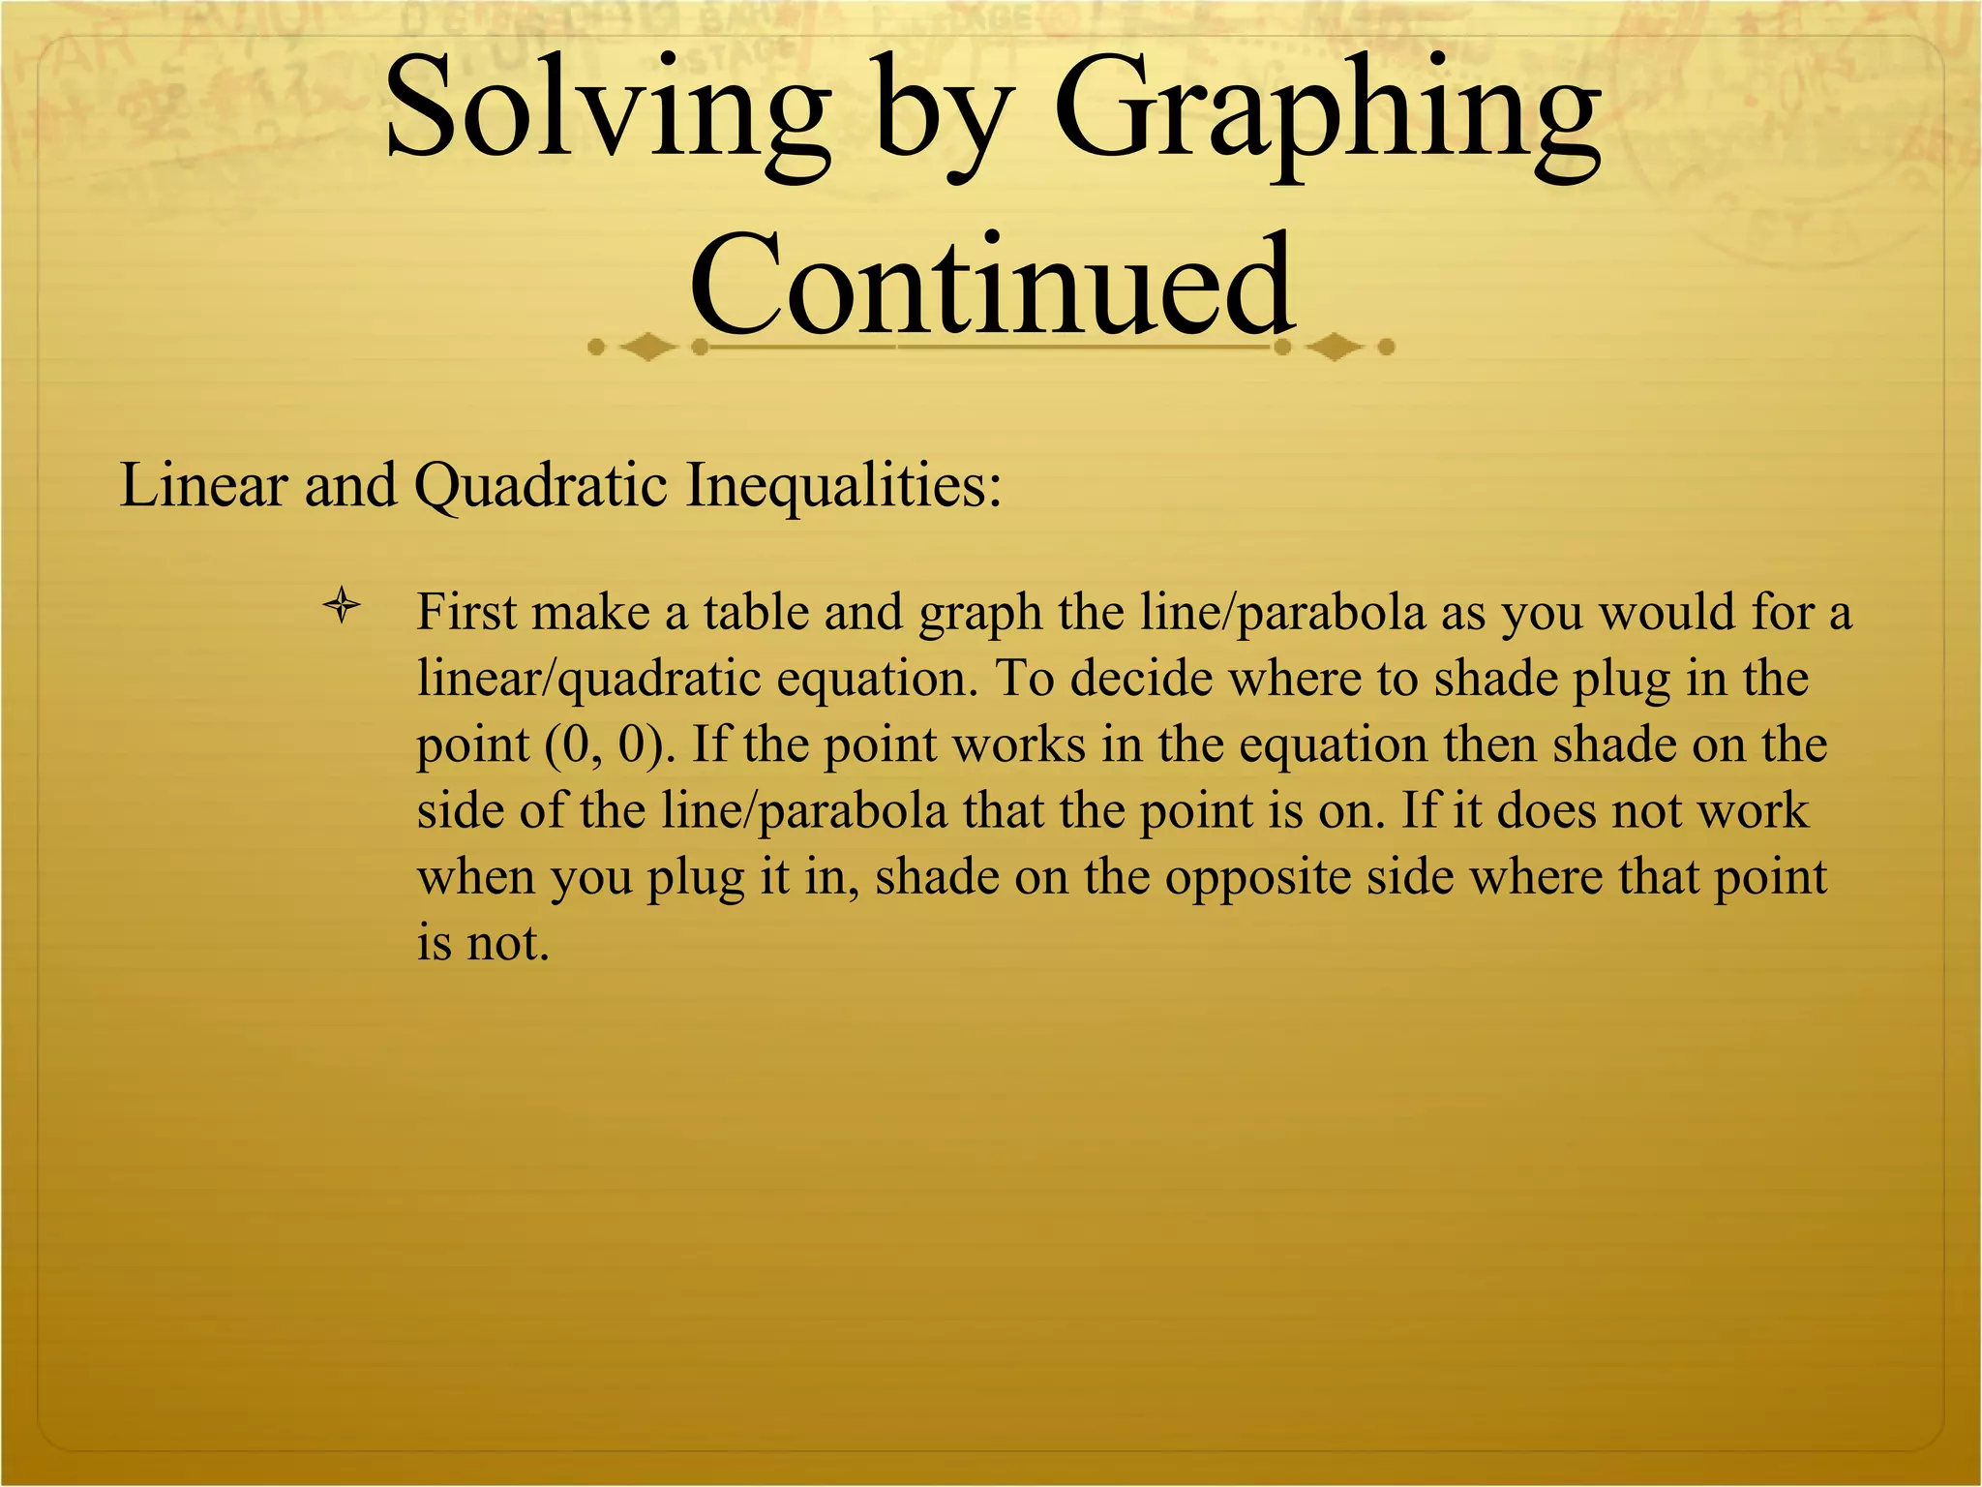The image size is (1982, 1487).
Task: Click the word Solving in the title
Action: (x=608, y=111)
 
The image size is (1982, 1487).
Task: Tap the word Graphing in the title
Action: (x=1326, y=111)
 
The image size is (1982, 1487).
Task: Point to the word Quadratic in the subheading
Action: (x=540, y=484)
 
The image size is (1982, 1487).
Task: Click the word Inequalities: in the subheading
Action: (x=843, y=484)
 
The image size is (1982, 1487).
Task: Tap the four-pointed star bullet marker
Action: (x=342, y=609)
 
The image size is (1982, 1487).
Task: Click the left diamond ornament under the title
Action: (x=646, y=348)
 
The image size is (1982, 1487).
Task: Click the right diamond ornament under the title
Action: (x=1336, y=348)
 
